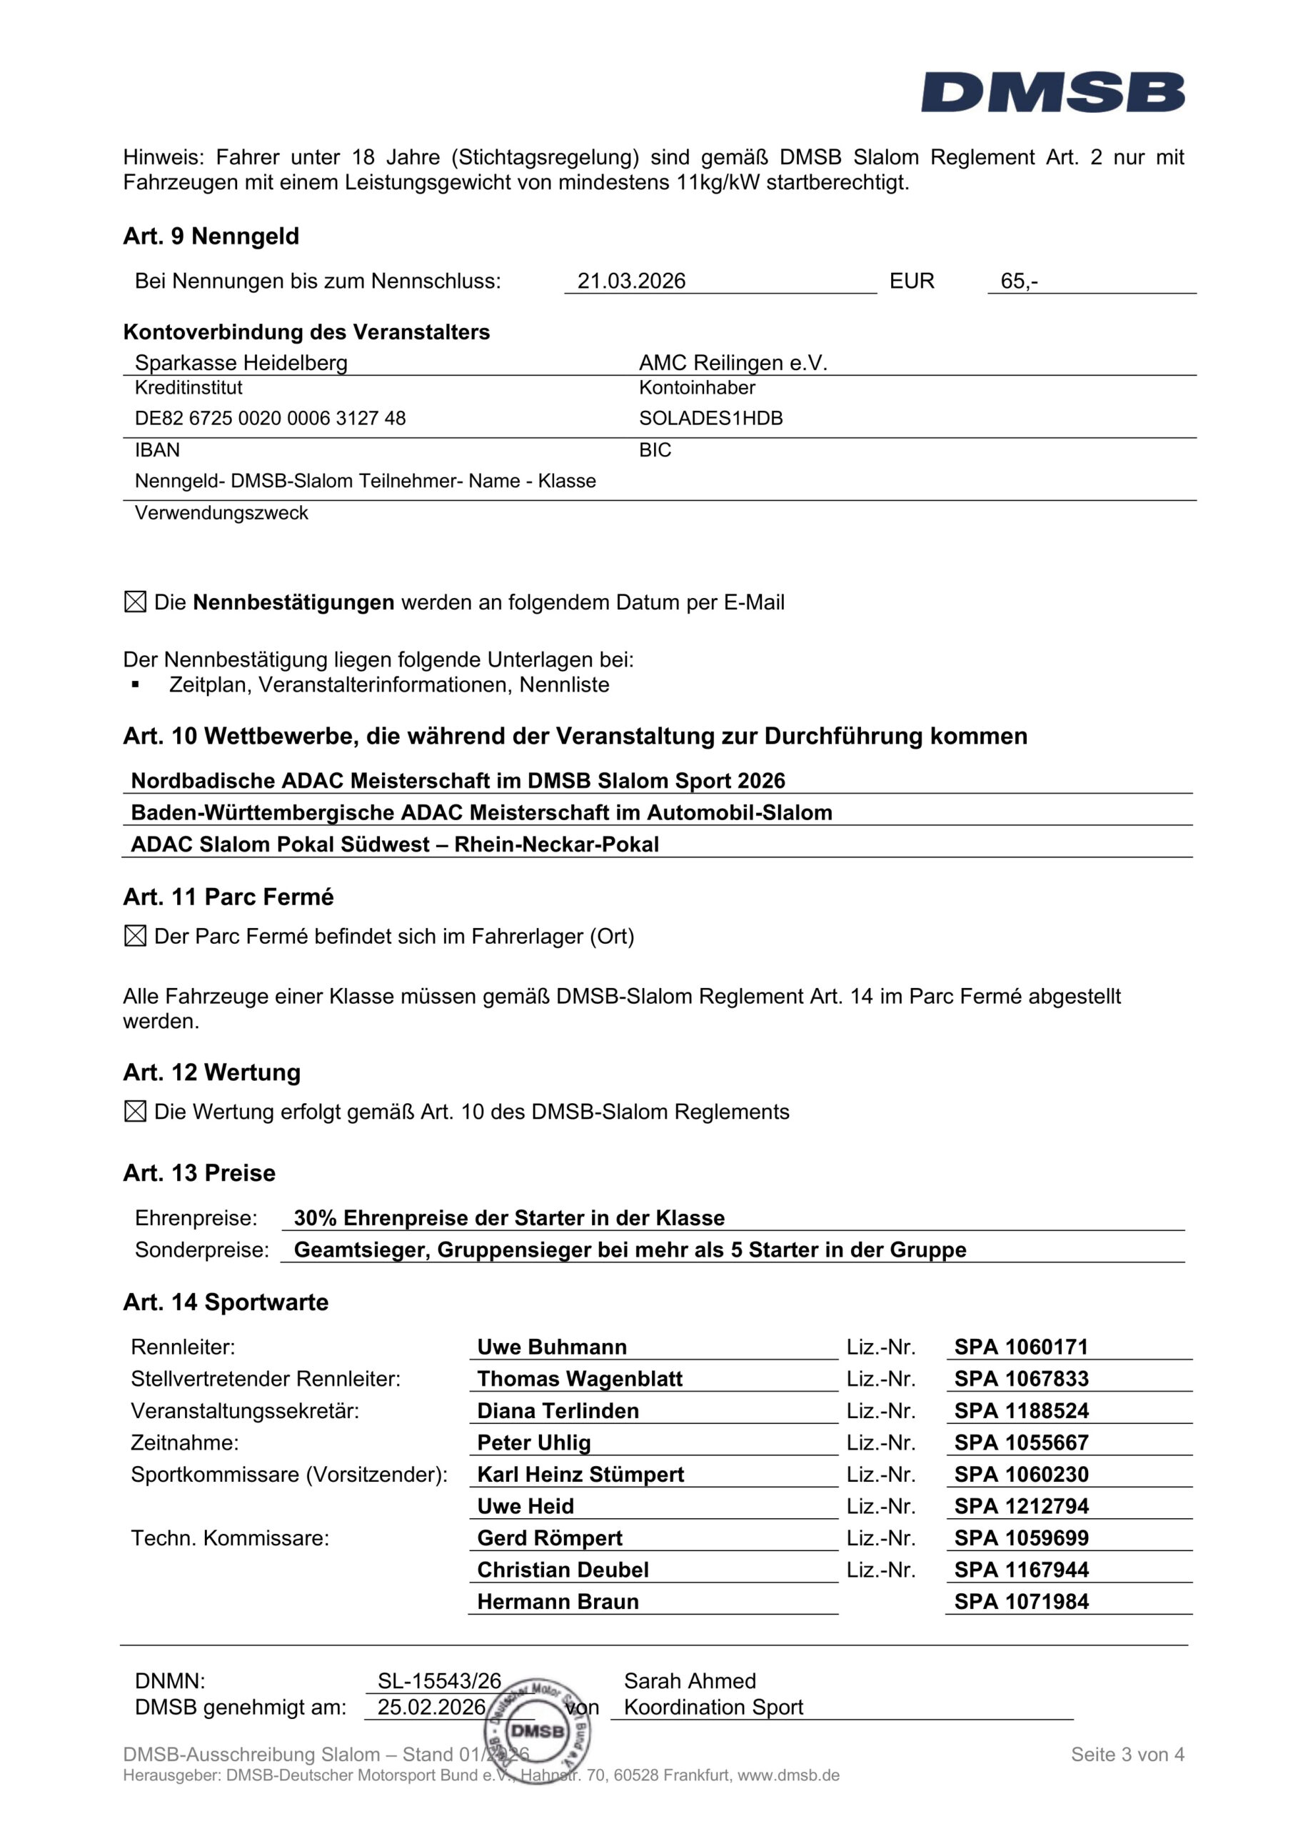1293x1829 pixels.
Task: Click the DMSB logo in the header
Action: [1052, 92]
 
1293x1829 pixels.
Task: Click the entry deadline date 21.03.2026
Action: [631, 281]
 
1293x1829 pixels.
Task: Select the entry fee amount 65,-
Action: [1019, 281]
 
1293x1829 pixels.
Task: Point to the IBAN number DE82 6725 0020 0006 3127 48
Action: [270, 418]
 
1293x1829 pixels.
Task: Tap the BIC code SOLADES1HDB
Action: [711, 418]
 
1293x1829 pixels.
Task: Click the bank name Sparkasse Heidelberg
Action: [241, 363]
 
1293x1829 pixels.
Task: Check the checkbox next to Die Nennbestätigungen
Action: [136, 602]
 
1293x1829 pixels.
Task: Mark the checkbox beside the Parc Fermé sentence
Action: [136, 936]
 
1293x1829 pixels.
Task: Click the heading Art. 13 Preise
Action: [199, 1172]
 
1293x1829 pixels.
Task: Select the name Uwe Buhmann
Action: [552, 1347]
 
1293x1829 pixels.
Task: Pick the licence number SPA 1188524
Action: [1022, 1411]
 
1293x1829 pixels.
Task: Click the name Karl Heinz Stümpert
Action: [580, 1475]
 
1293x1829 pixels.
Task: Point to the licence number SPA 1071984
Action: [1022, 1602]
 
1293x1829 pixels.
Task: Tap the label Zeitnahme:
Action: [185, 1442]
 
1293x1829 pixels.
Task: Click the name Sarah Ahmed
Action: [690, 1681]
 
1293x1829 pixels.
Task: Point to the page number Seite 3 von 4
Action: [1127, 1754]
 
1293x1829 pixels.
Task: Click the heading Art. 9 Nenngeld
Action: [211, 236]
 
